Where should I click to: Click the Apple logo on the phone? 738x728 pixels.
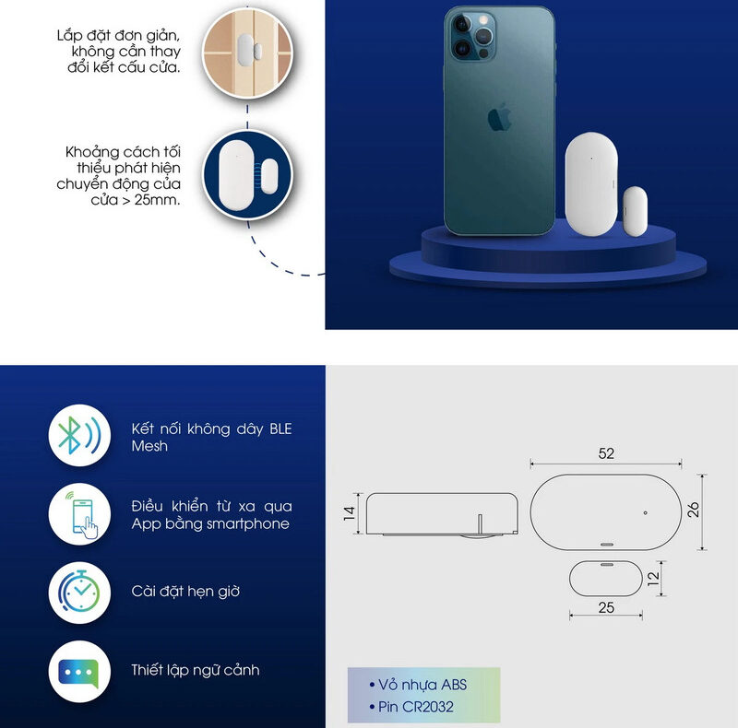(x=499, y=117)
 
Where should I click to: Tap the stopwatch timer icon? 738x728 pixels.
(x=79, y=593)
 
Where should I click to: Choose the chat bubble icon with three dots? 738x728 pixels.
(x=79, y=672)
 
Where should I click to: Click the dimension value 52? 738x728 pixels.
(x=606, y=453)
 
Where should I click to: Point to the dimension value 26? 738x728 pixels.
(x=694, y=510)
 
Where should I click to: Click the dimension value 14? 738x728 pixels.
(x=350, y=513)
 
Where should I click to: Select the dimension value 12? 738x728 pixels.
(x=653, y=578)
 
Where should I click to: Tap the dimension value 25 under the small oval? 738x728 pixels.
(x=606, y=607)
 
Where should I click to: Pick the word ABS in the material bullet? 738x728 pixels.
(x=453, y=685)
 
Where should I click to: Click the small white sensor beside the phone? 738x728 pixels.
(x=635, y=211)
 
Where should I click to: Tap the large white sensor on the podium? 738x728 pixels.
(x=591, y=184)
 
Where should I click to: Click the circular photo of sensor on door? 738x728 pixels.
(x=247, y=53)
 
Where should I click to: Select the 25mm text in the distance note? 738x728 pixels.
(x=157, y=200)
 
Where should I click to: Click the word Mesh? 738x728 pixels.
(x=149, y=446)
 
